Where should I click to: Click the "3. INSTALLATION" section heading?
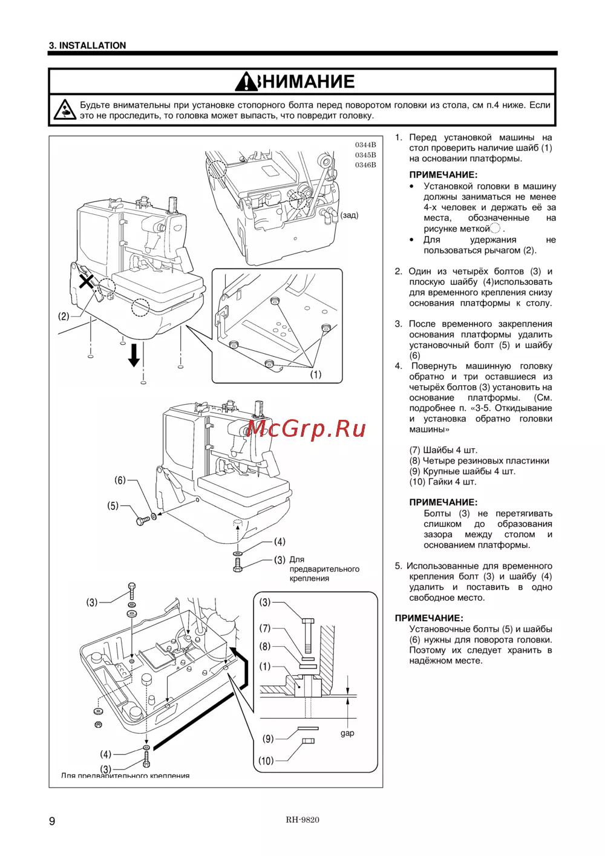88,45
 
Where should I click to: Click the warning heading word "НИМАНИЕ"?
307,82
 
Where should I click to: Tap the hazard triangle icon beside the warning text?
64,109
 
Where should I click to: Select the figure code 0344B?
365,145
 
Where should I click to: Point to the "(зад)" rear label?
349,215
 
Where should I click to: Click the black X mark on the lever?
87,280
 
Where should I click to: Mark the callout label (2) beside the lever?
64,316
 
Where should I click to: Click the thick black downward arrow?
134,354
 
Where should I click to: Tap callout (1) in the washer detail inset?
316,374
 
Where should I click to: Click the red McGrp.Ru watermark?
306,428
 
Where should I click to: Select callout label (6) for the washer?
120,480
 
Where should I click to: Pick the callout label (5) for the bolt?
113,506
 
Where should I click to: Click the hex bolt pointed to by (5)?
142,520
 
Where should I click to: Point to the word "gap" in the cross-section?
347,733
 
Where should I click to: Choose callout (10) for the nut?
266,761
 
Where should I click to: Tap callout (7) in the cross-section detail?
265,629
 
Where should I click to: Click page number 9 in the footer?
52,821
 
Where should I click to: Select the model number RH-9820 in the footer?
302,820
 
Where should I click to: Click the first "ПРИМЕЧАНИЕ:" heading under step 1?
443,175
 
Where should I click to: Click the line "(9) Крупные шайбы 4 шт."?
463,471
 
